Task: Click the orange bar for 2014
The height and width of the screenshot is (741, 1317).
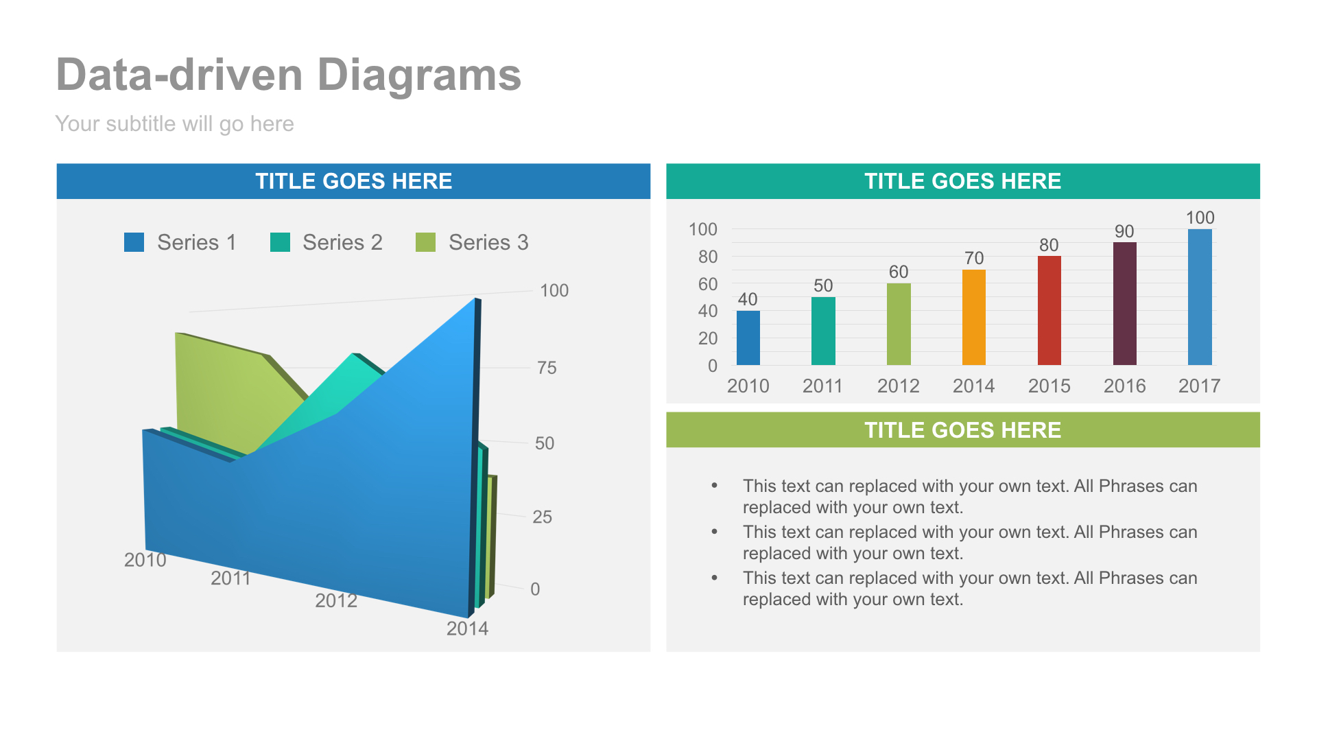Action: pos(973,317)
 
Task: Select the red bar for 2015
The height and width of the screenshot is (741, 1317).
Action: pos(1049,310)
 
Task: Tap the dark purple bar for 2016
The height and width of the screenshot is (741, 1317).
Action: pos(1124,303)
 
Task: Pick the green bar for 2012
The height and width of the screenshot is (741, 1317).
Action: pos(899,324)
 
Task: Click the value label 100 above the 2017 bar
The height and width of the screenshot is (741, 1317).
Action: pos(1200,217)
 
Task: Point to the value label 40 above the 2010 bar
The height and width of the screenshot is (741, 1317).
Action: pos(748,299)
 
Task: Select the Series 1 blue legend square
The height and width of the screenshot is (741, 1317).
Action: pos(134,242)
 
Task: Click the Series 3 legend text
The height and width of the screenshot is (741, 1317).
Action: pos(488,242)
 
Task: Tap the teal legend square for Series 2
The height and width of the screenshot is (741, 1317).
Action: pos(280,242)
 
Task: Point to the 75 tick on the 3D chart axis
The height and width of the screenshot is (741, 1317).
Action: pos(547,368)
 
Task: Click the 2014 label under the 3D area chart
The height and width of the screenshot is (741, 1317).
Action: pos(467,628)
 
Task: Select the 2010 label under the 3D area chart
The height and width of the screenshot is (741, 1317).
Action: pos(145,560)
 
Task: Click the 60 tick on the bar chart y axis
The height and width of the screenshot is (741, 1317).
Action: pos(707,284)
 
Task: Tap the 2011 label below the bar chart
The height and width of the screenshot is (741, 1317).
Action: pos(822,386)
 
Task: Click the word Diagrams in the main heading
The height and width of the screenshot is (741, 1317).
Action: pos(419,75)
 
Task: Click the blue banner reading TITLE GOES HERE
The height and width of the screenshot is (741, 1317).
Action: pos(353,181)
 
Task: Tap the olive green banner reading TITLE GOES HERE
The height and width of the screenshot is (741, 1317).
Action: pos(962,430)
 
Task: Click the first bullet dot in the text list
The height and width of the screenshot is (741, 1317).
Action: pos(714,486)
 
